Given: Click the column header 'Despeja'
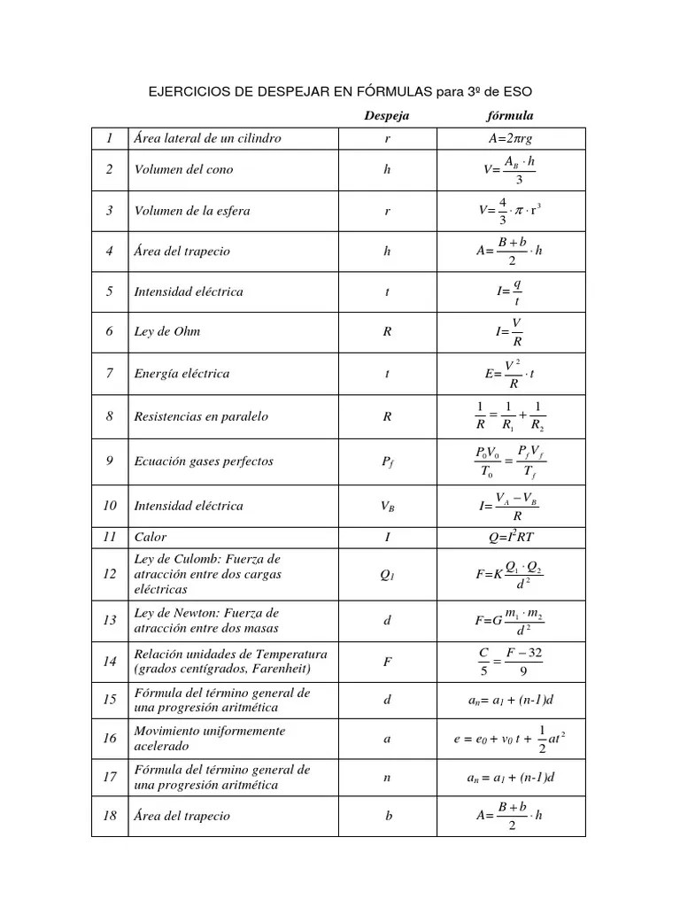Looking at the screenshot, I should (x=387, y=116).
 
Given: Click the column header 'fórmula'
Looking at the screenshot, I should (x=510, y=116).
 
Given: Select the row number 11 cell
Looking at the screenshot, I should (x=110, y=537).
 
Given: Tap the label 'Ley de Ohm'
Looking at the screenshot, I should (x=166, y=332).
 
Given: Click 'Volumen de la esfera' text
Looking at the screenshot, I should (x=191, y=211).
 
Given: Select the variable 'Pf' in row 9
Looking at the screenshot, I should (x=387, y=461).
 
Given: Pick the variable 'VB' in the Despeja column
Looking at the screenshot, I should (x=387, y=507).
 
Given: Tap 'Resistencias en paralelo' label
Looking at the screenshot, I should (x=200, y=416).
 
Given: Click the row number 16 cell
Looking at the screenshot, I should (x=110, y=739).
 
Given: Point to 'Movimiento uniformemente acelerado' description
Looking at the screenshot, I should (x=209, y=739).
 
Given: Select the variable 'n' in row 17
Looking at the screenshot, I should (x=387, y=778).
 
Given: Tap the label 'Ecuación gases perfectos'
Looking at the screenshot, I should (x=203, y=461).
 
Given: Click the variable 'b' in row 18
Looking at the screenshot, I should (x=389, y=816).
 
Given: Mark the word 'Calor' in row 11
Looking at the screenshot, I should (x=150, y=537).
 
